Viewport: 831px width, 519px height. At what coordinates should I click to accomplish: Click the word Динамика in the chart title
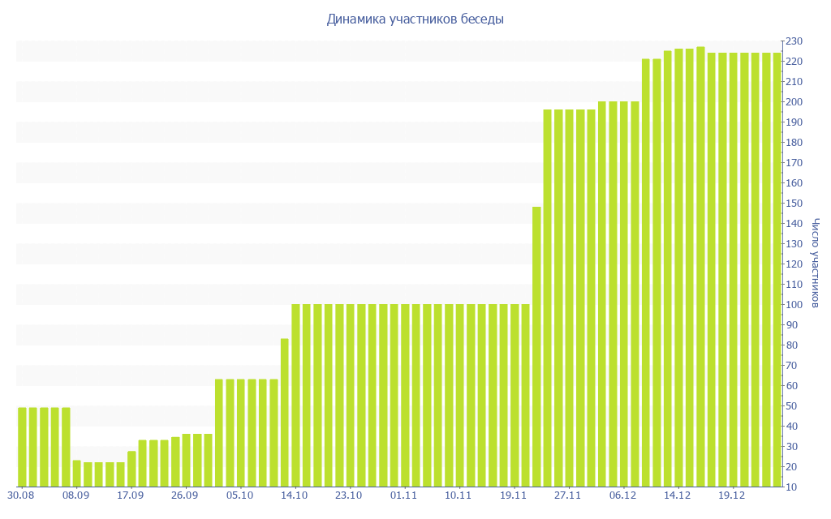(x=354, y=19)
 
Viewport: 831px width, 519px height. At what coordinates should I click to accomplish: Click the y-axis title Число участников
(x=816, y=264)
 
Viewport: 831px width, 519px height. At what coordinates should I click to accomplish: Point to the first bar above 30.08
(x=22, y=446)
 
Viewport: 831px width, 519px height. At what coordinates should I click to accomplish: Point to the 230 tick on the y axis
(x=794, y=41)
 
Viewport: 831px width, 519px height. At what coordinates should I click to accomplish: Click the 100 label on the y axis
(x=794, y=305)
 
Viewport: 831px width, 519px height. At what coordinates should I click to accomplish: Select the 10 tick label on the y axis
(x=791, y=487)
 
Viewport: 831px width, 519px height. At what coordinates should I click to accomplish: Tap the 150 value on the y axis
(x=794, y=204)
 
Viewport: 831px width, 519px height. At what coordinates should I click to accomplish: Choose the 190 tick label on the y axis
(x=794, y=122)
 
